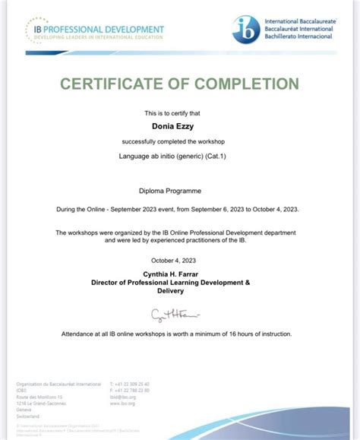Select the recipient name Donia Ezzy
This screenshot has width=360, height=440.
click(179, 126)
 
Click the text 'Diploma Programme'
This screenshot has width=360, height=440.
click(179, 193)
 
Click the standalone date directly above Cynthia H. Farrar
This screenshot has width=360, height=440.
click(180, 261)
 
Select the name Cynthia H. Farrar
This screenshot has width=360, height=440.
click(180, 274)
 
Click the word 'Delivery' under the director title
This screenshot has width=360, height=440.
click(179, 291)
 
